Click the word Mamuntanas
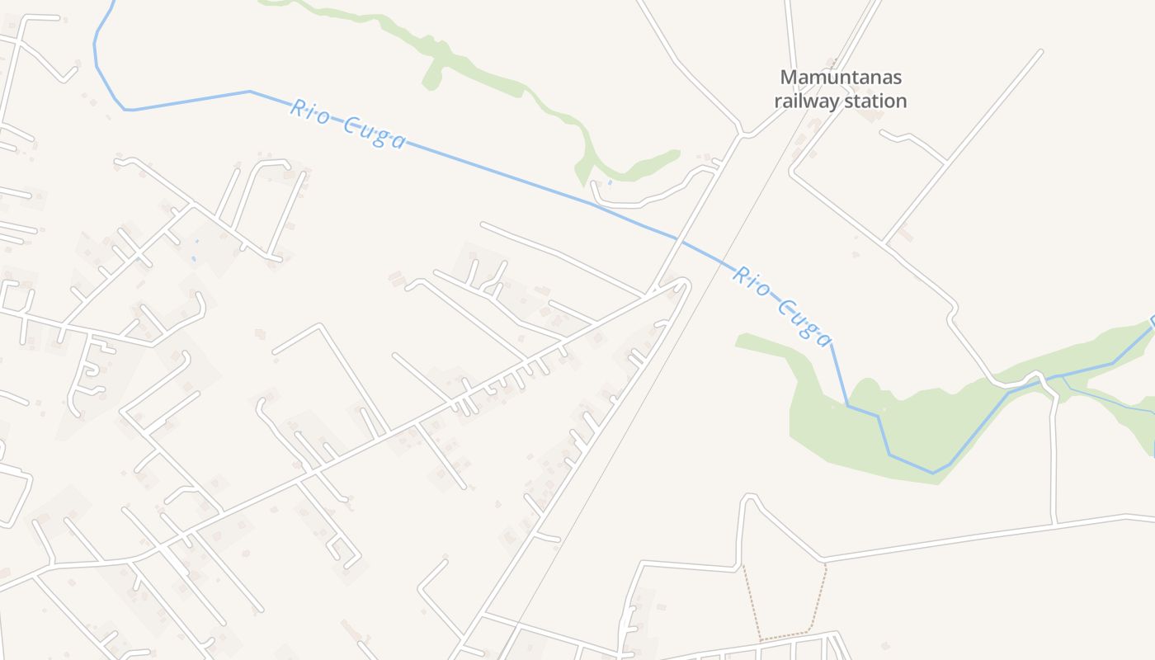841,78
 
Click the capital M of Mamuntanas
789,78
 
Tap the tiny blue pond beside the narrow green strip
610,182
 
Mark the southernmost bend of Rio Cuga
933,473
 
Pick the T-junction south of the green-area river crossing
1054,523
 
